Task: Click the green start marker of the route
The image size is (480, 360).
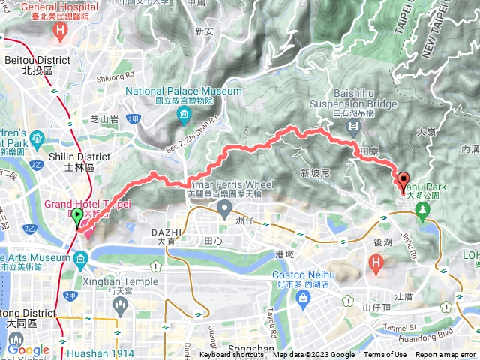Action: point(78,218)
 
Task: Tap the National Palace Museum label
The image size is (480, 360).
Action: point(184,91)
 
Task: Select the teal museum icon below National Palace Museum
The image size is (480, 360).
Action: point(184,114)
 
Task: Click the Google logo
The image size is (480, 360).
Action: point(28,349)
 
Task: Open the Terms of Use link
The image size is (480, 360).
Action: point(385,355)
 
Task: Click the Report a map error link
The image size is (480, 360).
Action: point(445,355)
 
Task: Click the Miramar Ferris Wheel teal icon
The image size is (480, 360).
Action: point(226,212)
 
